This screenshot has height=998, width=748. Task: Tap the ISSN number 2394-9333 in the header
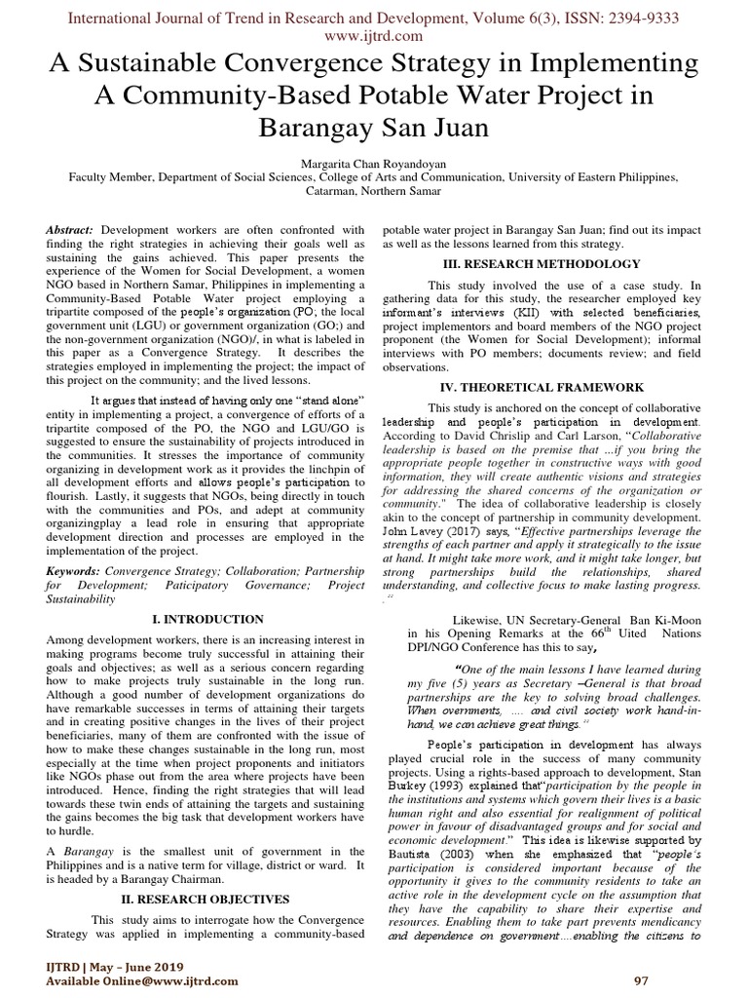click(639, 19)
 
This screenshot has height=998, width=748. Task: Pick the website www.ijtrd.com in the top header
click(374, 36)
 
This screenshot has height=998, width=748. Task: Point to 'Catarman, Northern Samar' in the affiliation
click(374, 192)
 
